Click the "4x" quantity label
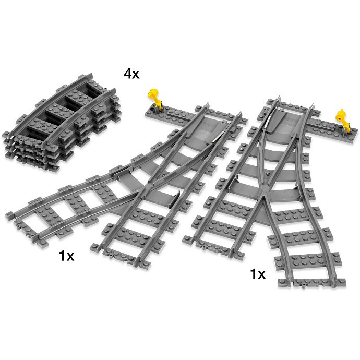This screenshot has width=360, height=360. (x=131, y=73)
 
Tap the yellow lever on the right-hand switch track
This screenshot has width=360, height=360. (x=342, y=116)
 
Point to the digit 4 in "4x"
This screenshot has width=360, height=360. (x=127, y=73)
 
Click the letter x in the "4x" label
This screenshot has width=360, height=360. (x=136, y=75)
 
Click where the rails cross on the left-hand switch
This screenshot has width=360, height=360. (x=155, y=172)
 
